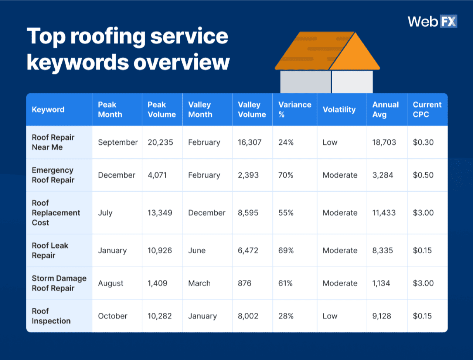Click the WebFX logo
pyautogui.click(x=432, y=21)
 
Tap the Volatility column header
pyautogui.click(x=339, y=110)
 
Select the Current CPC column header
pyautogui.click(x=427, y=110)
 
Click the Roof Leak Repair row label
pyautogui.click(x=50, y=250)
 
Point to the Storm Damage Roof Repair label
pyautogui.click(x=59, y=283)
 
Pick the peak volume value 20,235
pyautogui.click(x=160, y=143)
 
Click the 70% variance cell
pyautogui.click(x=286, y=175)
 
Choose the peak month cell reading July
pyautogui.click(x=105, y=213)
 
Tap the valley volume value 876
pyautogui.click(x=244, y=283)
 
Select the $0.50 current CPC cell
pyautogui.click(x=423, y=175)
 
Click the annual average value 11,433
pyautogui.click(x=384, y=213)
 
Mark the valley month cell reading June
pyautogui.click(x=197, y=250)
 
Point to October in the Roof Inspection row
pyautogui.click(x=112, y=316)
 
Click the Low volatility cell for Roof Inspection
pyautogui.click(x=330, y=316)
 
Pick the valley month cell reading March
pyautogui.click(x=199, y=283)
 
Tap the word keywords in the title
pyautogui.click(x=77, y=62)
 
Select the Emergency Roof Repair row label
pyautogui.click(x=53, y=175)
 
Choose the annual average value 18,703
pyautogui.click(x=384, y=143)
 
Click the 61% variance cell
pyautogui.click(x=285, y=283)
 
